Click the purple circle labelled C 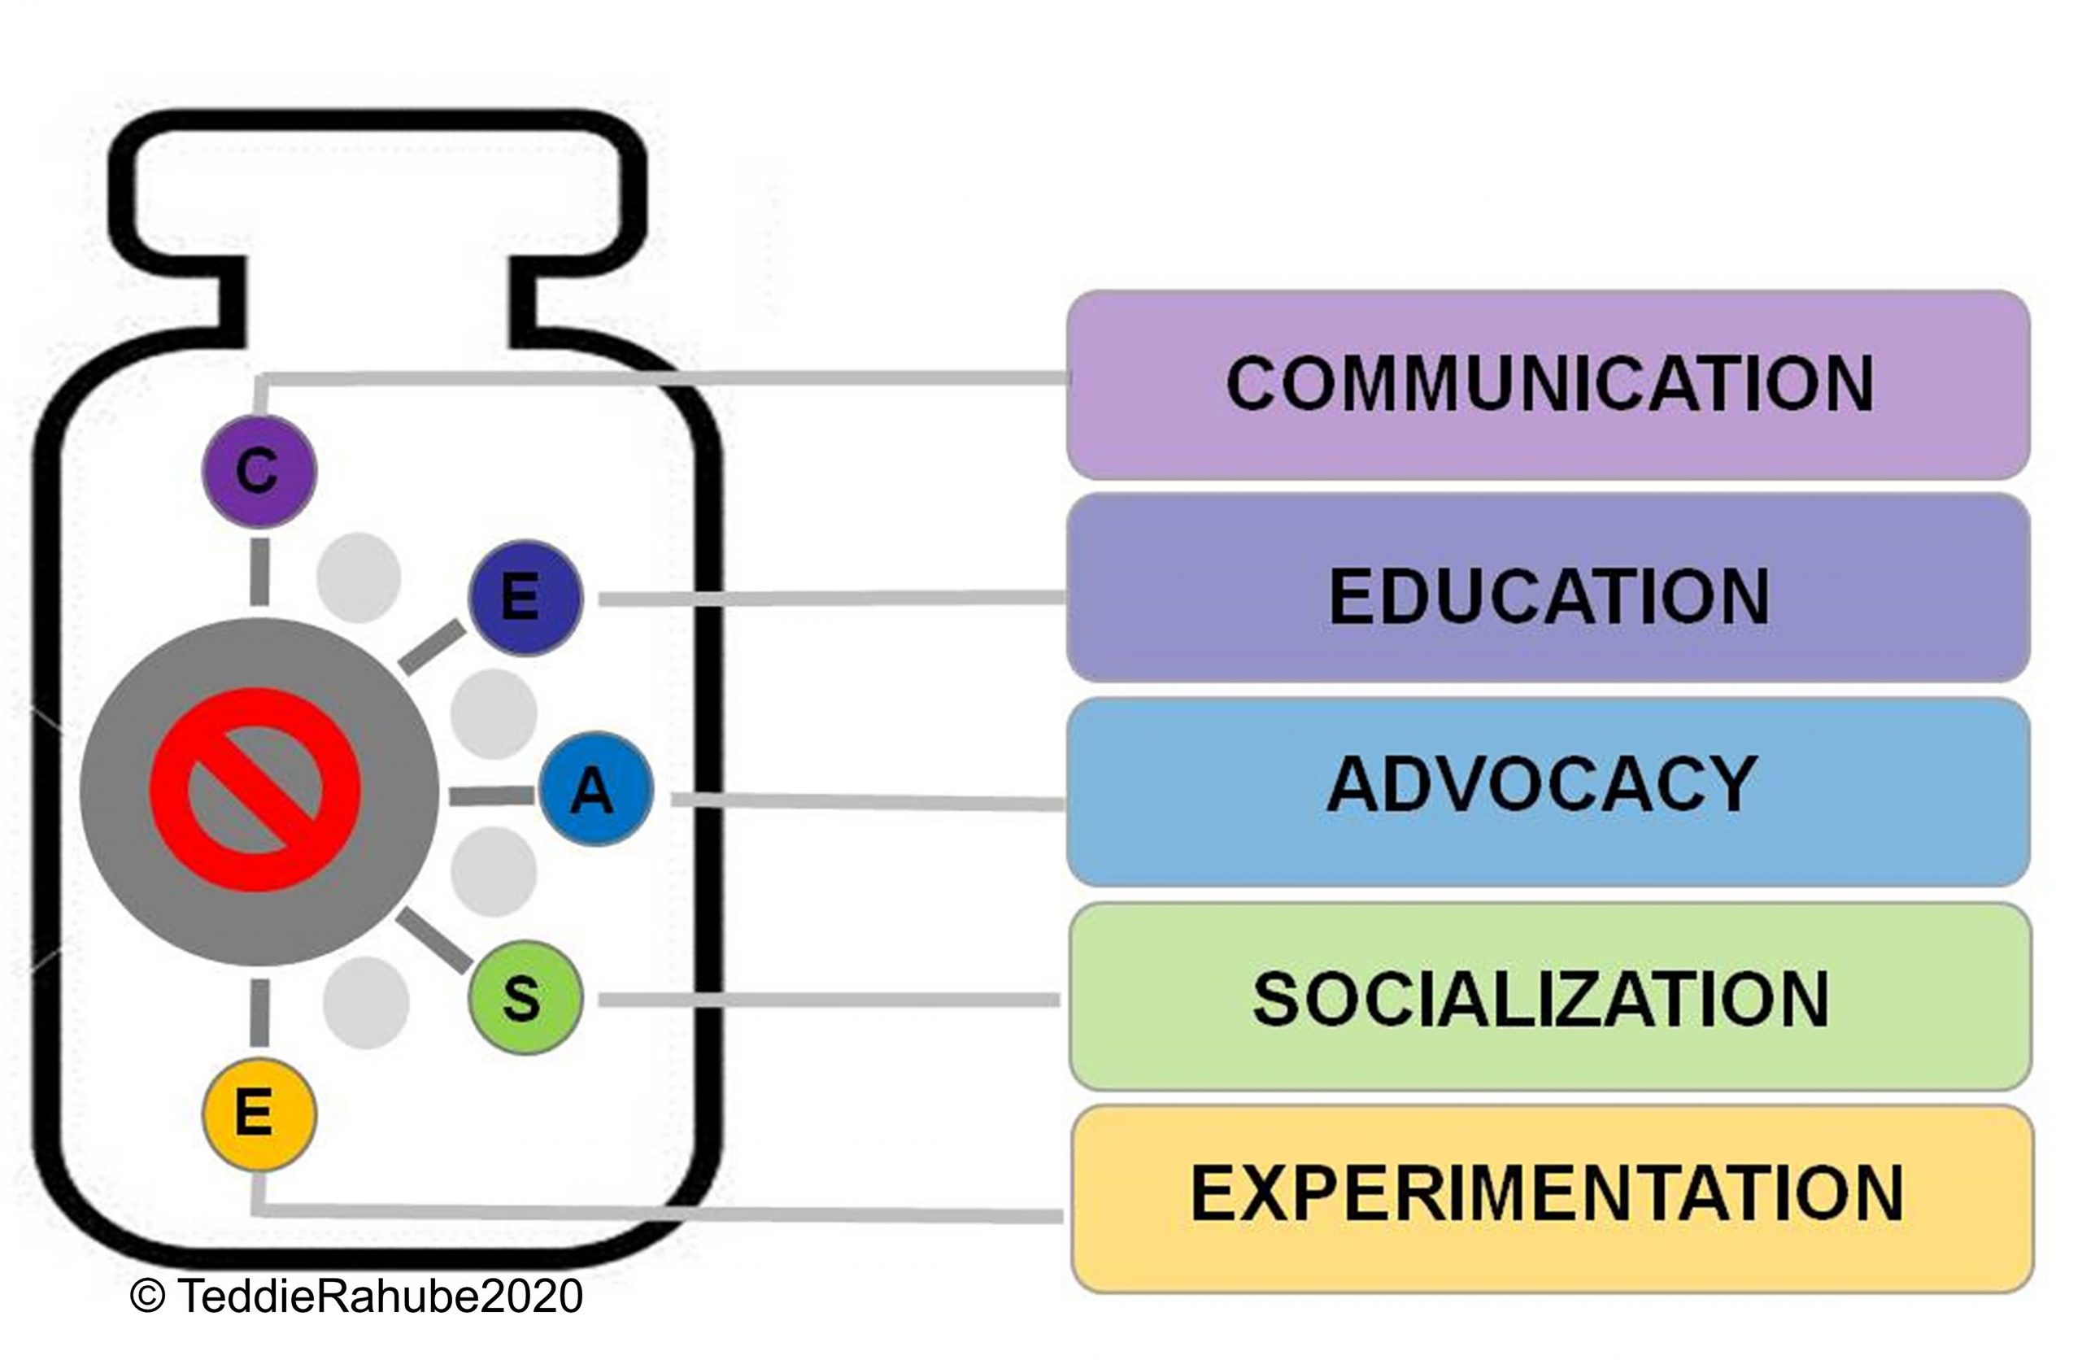coord(258,472)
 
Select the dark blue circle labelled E coord(525,598)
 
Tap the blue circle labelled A coord(595,789)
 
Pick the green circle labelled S coord(525,998)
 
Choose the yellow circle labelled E coord(258,1114)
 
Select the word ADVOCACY coord(1541,784)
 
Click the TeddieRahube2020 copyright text coord(380,1296)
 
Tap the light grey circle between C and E coord(359,578)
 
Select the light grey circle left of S coord(366,1003)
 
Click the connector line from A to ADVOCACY coord(866,800)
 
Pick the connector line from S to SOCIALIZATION coord(826,1000)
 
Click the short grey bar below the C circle coord(259,571)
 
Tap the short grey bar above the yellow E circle coord(259,1013)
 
